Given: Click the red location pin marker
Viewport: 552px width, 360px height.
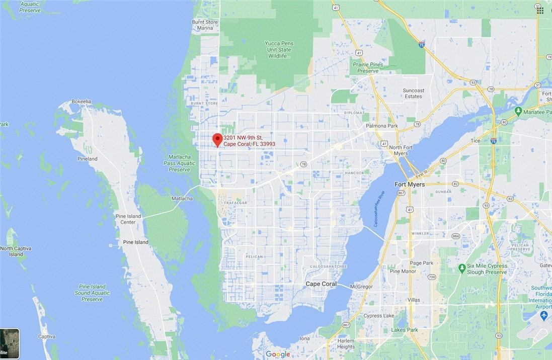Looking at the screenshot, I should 217,139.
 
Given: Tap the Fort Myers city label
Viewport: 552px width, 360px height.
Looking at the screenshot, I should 409,184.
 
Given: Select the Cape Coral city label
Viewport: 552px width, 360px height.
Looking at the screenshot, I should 321,284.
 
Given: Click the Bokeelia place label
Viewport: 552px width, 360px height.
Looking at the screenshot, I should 82,102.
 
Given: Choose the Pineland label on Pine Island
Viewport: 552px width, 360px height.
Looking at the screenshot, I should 87,159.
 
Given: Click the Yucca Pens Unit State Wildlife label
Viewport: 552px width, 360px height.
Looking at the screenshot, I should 279,50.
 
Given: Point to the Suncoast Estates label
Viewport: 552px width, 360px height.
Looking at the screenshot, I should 414,93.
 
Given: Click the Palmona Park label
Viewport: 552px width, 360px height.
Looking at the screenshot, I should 382,126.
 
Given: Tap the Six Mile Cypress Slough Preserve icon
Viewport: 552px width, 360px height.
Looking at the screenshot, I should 462,268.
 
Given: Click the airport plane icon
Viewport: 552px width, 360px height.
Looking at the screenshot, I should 543,315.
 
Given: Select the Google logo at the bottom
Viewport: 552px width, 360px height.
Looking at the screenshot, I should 278,354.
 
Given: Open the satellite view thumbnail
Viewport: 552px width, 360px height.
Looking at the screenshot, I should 10,343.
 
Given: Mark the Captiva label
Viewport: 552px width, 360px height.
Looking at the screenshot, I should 46,336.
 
